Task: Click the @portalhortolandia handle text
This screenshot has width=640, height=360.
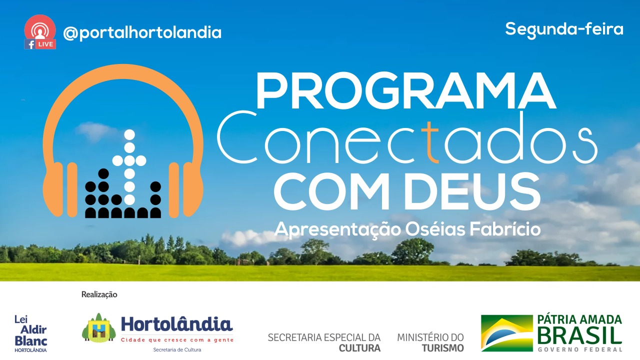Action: [142, 33]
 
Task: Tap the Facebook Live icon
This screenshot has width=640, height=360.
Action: [40, 32]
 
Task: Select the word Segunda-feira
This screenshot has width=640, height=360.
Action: [564, 29]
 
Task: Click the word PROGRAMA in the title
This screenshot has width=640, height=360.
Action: [405, 91]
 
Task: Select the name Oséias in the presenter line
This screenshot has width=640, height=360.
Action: [435, 229]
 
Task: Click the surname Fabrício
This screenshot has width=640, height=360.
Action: [505, 229]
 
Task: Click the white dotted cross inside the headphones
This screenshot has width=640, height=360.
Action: [129, 167]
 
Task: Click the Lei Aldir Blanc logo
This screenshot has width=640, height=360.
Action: [31, 333]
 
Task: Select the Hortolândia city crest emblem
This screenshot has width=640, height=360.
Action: [99, 328]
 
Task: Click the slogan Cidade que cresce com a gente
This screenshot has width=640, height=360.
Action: [177, 340]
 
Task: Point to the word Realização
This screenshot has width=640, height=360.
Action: [99, 294]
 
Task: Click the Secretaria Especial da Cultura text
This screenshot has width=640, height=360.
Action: [324, 342]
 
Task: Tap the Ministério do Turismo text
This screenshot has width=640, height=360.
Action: [430, 342]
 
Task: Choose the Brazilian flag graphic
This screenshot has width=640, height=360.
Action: [507, 333]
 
